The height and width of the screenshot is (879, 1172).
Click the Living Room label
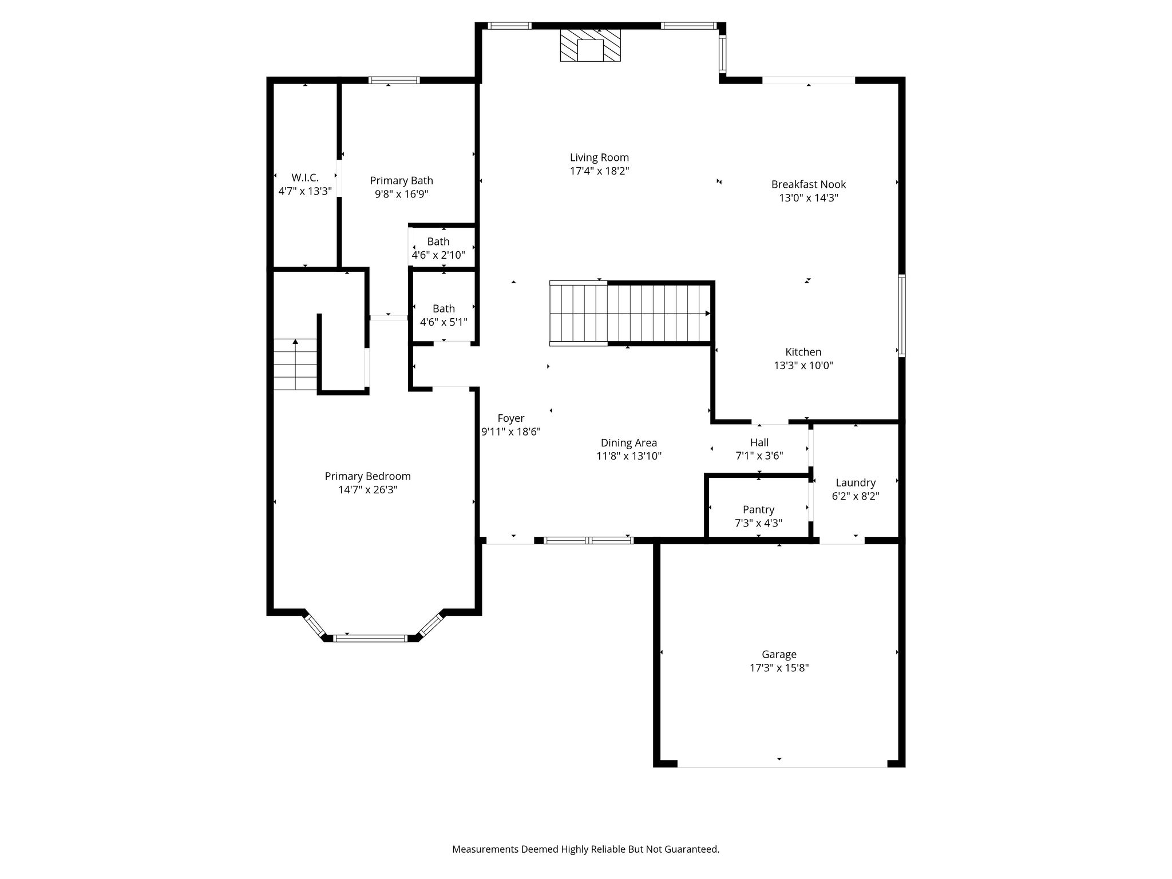(x=599, y=157)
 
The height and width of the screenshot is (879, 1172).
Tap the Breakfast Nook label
(x=808, y=184)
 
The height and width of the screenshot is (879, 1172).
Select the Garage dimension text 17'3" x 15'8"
(x=779, y=668)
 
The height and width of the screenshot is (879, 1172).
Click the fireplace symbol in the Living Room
(x=590, y=45)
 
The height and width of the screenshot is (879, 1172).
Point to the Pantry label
(x=758, y=509)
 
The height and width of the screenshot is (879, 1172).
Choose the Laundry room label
(x=856, y=483)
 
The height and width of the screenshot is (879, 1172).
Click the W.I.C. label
(x=305, y=177)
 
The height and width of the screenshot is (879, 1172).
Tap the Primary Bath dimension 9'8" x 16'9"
(x=402, y=194)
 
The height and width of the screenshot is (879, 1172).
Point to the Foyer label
(x=510, y=418)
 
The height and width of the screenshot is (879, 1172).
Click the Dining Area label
(x=629, y=443)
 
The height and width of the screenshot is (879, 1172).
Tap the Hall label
(x=759, y=442)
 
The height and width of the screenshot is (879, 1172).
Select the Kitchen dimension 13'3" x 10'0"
(x=803, y=366)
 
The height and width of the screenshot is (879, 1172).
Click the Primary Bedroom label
(x=367, y=476)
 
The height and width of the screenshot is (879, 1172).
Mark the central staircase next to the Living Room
(x=630, y=314)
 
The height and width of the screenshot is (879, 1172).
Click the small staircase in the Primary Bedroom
(x=295, y=365)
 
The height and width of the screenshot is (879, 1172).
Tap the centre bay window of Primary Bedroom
(x=370, y=638)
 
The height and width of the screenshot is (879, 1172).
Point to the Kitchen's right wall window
(x=902, y=315)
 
